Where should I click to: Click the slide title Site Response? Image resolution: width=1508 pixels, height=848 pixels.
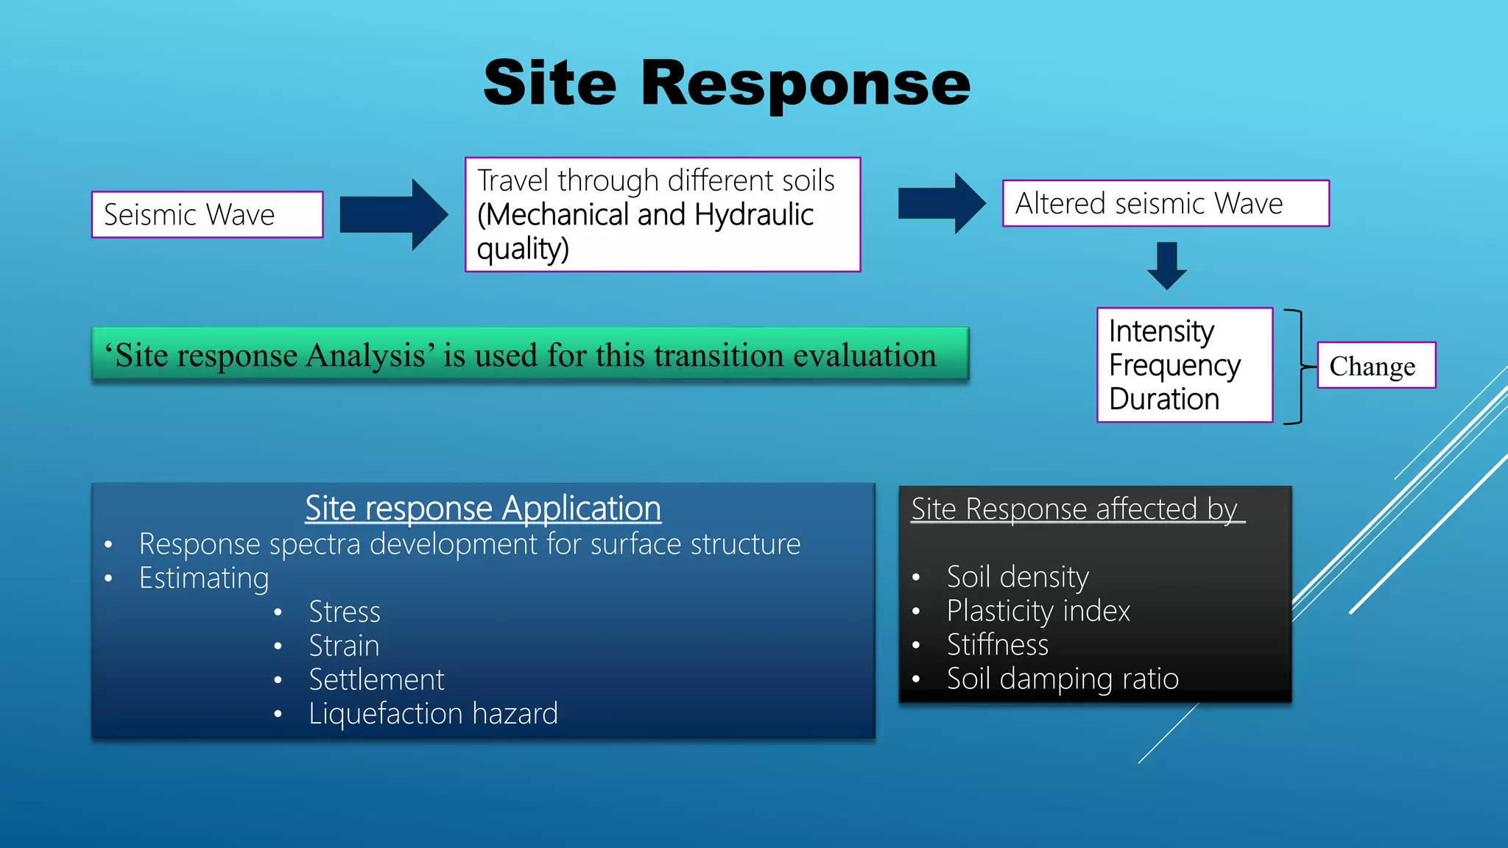(727, 84)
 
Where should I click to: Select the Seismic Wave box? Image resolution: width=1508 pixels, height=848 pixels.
(207, 215)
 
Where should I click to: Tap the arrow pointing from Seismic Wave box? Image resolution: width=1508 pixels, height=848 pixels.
(394, 214)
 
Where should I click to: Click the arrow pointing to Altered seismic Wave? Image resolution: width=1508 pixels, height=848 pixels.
(942, 203)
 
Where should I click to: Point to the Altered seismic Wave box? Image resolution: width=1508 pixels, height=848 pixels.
(1165, 203)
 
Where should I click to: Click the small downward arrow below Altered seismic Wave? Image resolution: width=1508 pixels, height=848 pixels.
(1166, 266)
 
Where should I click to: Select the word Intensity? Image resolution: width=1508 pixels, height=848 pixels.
(1161, 331)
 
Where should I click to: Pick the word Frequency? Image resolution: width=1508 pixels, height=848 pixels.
(1174, 365)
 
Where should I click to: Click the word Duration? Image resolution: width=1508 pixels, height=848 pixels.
(1164, 399)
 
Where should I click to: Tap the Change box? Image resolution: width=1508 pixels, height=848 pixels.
(1375, 365)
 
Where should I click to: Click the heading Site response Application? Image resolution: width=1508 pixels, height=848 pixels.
(483, 508)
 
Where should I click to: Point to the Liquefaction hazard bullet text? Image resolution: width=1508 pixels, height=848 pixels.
(433, 713)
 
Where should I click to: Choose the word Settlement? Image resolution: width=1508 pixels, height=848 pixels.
(376, 679)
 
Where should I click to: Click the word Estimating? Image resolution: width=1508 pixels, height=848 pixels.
(204, 578)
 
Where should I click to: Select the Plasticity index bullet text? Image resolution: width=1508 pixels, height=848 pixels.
(1038, 611)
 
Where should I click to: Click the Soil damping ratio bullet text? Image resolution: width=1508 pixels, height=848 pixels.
(1063, 679)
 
